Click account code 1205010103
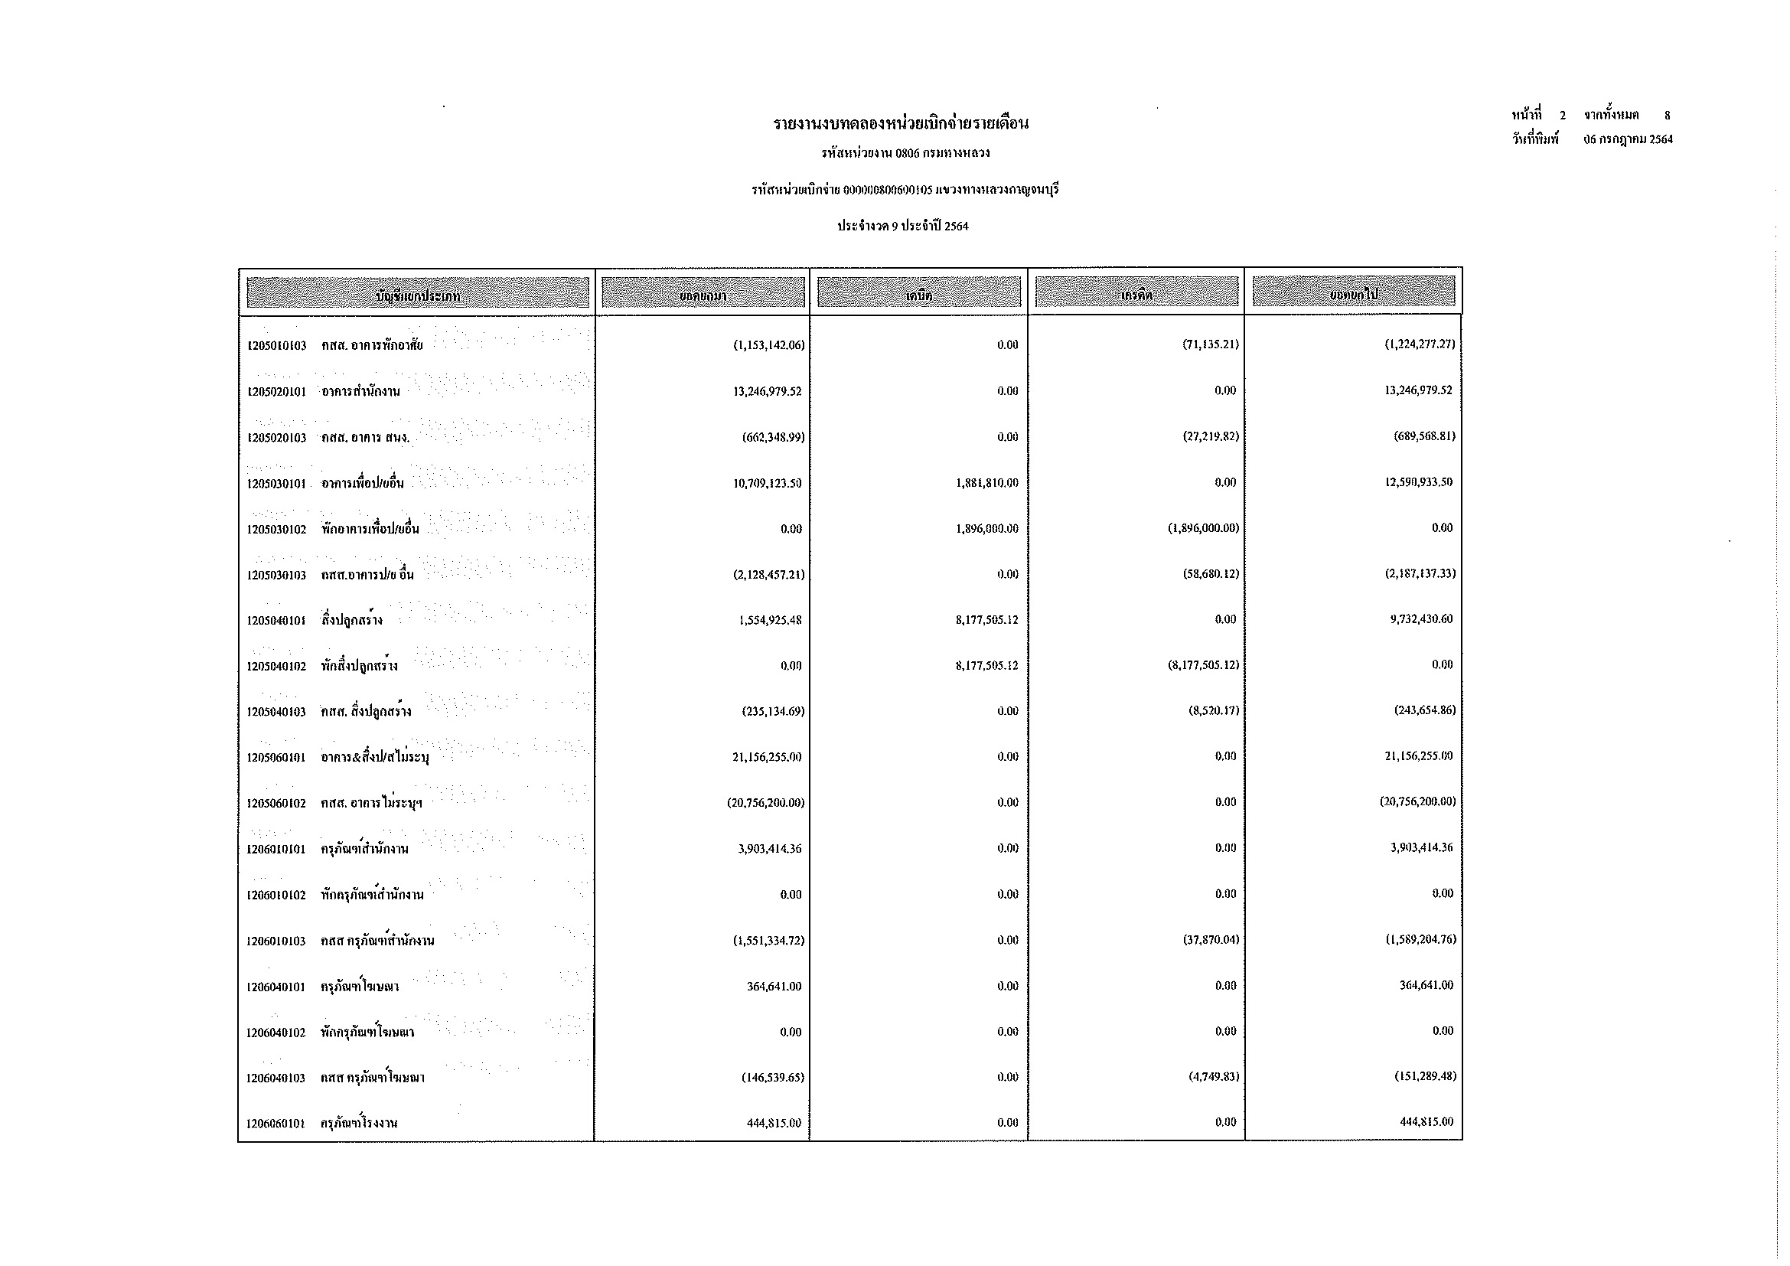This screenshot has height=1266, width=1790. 276,345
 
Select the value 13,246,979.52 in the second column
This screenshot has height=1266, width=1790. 767,391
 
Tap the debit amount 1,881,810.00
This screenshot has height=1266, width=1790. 986,483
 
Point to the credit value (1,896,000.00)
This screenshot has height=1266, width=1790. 1202,529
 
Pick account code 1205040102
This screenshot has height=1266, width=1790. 276,667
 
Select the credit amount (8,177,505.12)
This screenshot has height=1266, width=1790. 1202,666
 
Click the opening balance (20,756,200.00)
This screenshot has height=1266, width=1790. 765,803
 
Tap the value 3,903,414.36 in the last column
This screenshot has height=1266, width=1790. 1421,848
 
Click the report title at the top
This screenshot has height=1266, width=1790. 901,124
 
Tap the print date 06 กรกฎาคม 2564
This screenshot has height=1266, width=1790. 1628,140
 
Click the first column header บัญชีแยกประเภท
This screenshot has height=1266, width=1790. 417,294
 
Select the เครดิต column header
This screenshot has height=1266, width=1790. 1136,294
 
